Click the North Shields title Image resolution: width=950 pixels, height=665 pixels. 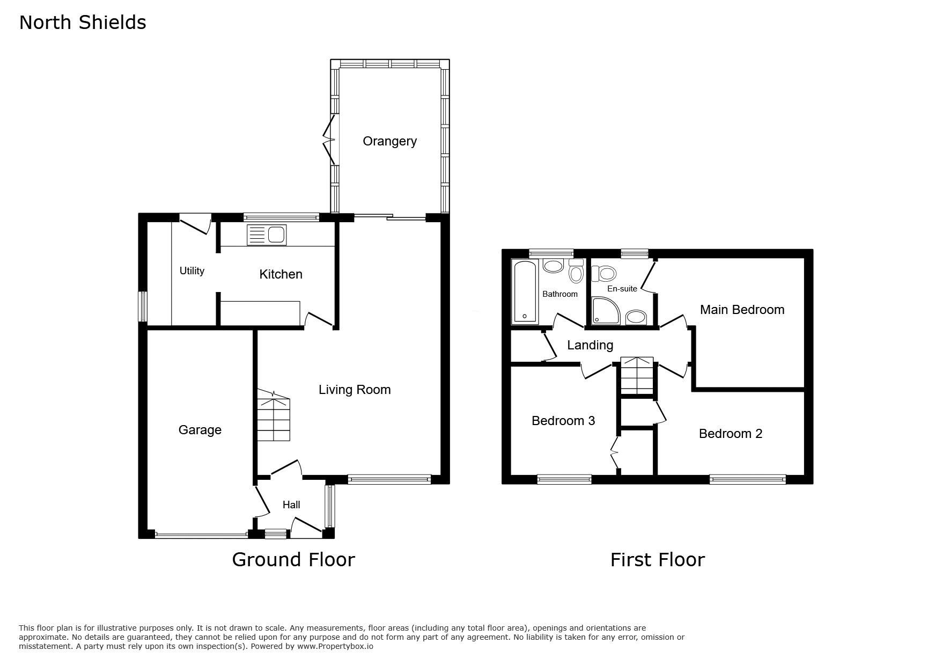coord(83,23)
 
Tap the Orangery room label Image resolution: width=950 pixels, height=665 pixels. coord(389,141)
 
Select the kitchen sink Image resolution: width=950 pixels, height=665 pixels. coord(267,235)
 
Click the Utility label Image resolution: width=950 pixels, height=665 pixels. coord(192,271)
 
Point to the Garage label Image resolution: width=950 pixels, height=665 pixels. coord(200,430)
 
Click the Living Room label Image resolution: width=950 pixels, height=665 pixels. coord(355,390)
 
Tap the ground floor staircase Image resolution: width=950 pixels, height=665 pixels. coord(274,416)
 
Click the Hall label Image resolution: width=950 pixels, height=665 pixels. coord(291,505)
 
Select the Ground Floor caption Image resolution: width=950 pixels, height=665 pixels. coord(293,560)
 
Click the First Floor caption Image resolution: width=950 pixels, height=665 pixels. coord(658,560)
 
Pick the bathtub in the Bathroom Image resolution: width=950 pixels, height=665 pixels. coord(525,291)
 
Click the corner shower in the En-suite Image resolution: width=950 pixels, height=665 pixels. coord(606,311)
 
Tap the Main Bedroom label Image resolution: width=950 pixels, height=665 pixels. coord(742,310)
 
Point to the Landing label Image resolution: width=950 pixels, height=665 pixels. coord(590,345)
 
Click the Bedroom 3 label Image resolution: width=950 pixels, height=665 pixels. coord(563,421)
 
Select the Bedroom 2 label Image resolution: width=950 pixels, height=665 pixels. coord(731,434)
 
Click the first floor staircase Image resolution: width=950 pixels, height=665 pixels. coord(637,376)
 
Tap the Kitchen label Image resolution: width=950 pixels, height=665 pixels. coord(281,274)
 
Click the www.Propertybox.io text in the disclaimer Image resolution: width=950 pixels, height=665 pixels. coord(335,646)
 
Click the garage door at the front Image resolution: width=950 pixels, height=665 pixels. coord(201,535)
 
